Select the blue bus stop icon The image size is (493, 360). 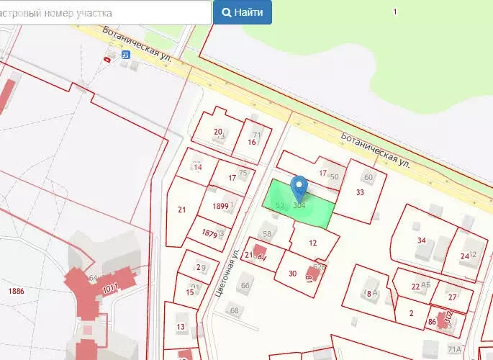[126, 54]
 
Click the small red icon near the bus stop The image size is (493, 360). [108, 59]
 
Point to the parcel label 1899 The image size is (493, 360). [221, 206]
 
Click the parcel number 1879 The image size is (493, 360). [209, 233]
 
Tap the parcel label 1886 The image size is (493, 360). [15, 290]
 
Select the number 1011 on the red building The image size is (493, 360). [110, 289]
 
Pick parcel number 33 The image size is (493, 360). [360, 192]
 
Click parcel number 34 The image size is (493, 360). [422, 240]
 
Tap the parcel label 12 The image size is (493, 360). [313, 243]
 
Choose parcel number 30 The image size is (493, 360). [292, 273]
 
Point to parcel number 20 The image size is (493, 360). [218, 131]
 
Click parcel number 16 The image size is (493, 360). [252, 142]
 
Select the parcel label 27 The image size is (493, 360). [452, 297]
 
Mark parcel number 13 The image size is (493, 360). [181, 327]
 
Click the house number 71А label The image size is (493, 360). [454, 349]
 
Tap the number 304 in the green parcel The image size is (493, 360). [300, 206]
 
